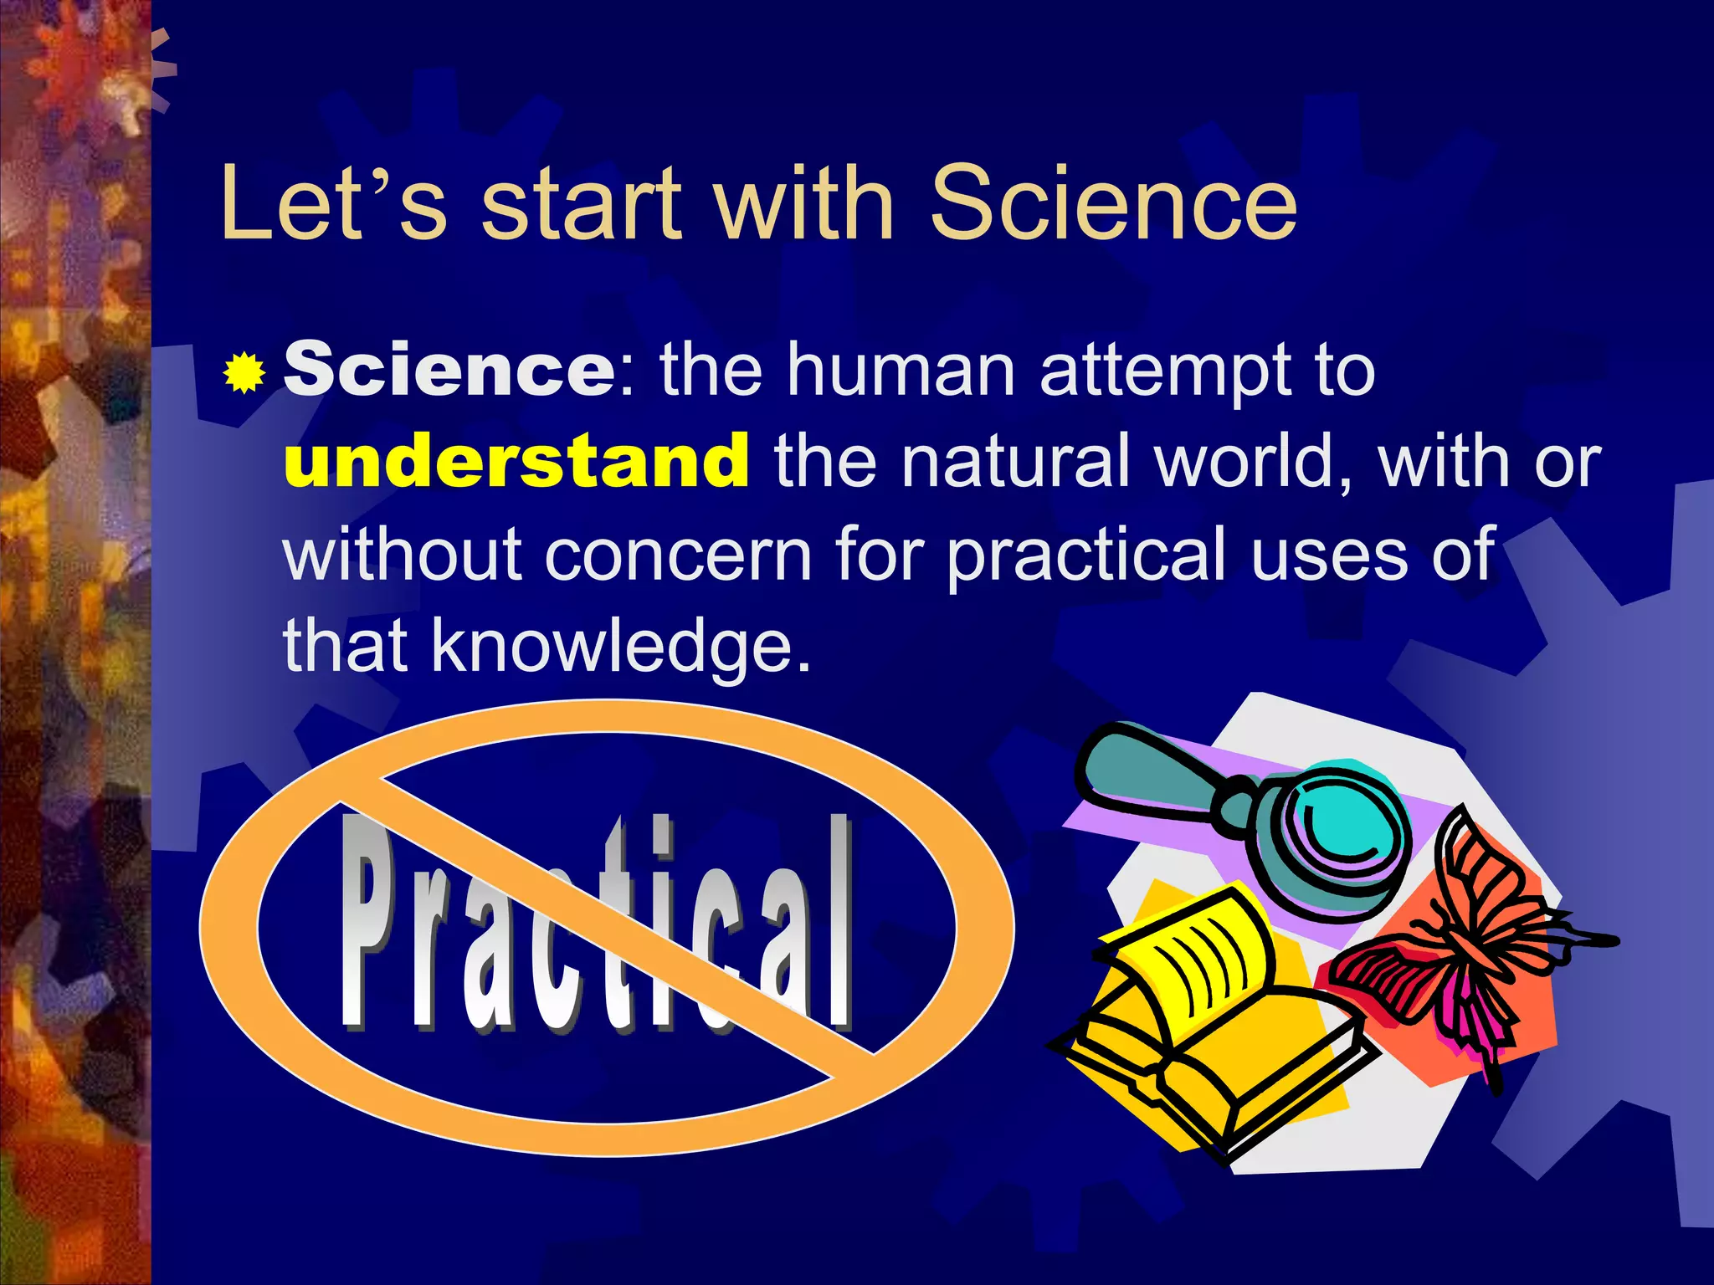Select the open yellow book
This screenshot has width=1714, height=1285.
pos(1205,1021)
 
